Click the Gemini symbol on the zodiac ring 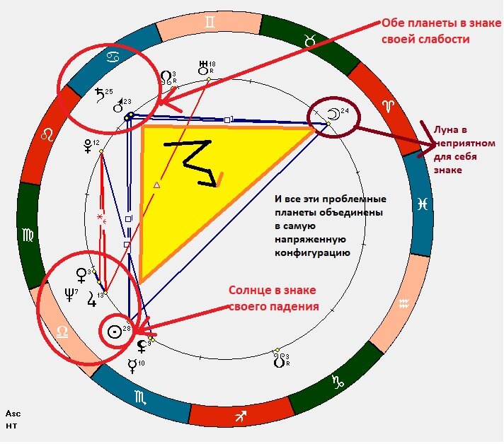coord(208,23)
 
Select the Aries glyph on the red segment coord(387,105)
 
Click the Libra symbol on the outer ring coord(64,332)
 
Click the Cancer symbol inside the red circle coord(112,56)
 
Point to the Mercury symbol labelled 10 coord(132,366)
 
